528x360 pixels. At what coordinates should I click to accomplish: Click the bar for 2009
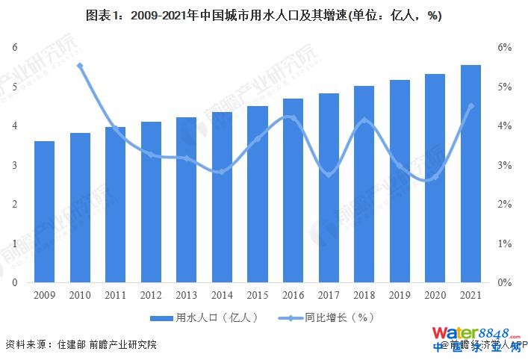click(44, 212)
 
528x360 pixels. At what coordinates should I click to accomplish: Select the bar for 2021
click(470, 174)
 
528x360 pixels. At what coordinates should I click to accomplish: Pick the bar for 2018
click(364, 184)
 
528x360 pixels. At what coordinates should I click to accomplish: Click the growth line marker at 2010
click(80, 66)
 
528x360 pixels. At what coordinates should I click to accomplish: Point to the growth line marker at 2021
click(470, 106)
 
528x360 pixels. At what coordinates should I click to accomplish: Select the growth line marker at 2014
click(222, 172)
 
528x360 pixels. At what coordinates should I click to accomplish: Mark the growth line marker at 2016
click(293, 118)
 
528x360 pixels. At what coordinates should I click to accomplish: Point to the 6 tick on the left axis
click(14, 47)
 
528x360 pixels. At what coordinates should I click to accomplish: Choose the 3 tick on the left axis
click(14, 165)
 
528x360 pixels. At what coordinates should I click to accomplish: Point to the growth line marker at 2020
click(435, 177)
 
